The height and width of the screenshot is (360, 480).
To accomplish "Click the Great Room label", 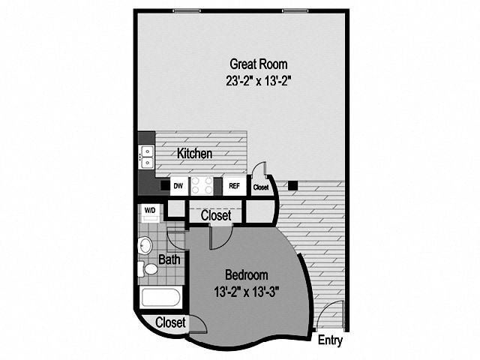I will coord(258,64).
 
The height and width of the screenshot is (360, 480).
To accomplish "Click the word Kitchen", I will coord(194,154).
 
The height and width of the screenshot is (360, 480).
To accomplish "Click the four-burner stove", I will coord(202,185).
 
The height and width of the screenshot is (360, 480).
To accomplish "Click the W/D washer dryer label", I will coord(150,211).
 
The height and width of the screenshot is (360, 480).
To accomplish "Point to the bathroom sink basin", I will coord(145,244).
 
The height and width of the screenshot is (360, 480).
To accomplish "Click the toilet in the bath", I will coord(149,268).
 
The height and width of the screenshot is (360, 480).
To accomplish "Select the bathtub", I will coord(160,298).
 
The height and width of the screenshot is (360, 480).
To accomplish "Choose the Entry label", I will coord(330,340).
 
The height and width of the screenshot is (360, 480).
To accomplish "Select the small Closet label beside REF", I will coord(261,187).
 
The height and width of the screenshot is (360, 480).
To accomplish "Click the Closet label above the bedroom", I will coord(215,215).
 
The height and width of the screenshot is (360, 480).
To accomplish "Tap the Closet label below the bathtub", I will coord(170,322).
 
